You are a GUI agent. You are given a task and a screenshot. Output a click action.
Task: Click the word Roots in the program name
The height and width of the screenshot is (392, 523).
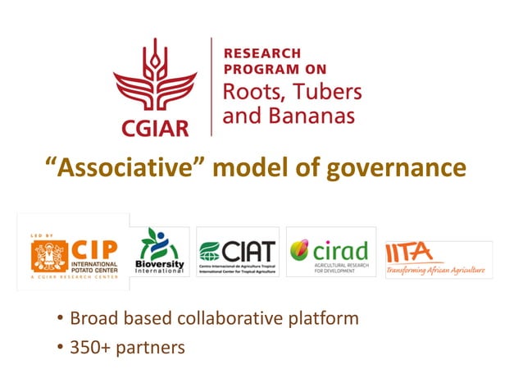[x=249, y=90]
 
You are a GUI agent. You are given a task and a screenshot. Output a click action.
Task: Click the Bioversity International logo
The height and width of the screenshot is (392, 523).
[x=161, y=253]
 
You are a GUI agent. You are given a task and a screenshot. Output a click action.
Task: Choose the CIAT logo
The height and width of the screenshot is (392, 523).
[x=237, y=252]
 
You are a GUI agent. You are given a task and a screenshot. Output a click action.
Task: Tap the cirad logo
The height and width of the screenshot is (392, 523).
[x=330, y=252]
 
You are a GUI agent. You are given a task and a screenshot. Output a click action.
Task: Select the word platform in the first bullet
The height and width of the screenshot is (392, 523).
[x=323, y=318]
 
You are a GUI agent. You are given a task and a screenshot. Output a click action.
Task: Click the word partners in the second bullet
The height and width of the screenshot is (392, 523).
[x=152, y=348]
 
